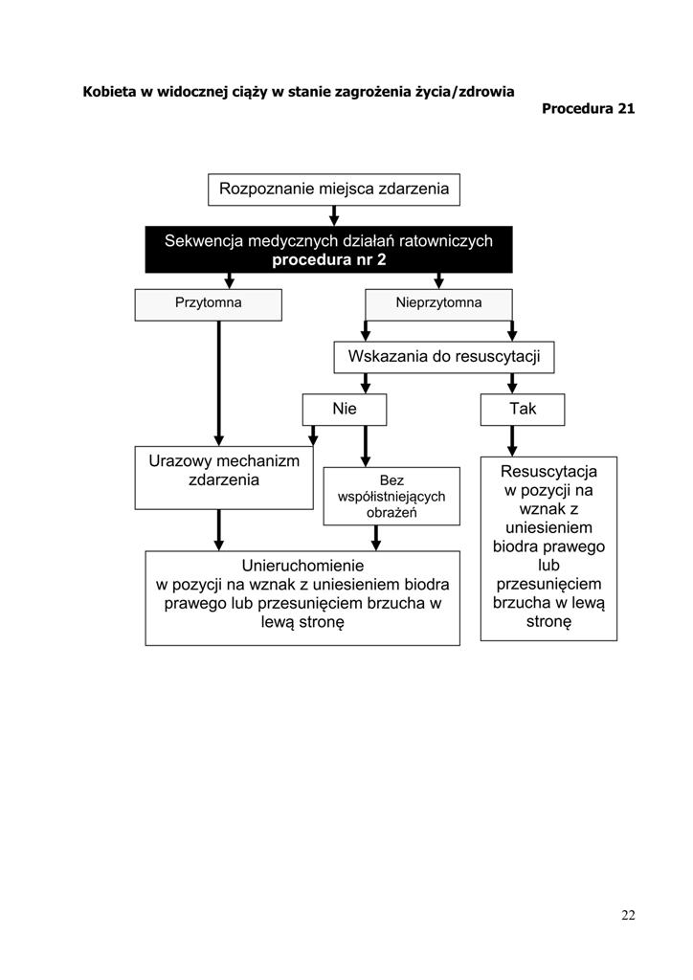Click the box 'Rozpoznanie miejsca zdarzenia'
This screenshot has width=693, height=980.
[334, 189]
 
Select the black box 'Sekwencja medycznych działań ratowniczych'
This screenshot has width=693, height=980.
[328, 250]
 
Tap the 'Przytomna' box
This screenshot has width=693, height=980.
[208, 304]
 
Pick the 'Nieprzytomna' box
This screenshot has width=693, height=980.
[438, 304]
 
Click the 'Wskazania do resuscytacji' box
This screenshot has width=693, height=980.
[444, 357]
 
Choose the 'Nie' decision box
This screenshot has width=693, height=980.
[345, 410]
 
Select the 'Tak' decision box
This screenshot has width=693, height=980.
[523, 410]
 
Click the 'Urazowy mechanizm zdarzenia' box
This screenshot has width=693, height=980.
[224, 478]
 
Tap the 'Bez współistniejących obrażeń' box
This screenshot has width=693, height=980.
[391, 497]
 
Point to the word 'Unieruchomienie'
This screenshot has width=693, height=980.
[302, 566]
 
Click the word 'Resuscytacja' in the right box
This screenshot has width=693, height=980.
[548, 471]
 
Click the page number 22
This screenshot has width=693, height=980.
[628, 915]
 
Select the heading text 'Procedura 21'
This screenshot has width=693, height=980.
[588, 109]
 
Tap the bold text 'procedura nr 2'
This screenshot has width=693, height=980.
[328, 259]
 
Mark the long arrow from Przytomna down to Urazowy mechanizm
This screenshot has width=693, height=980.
[218, 383]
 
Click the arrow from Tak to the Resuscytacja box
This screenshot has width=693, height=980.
[512, 441]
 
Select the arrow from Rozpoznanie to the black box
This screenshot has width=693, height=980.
[334, 215]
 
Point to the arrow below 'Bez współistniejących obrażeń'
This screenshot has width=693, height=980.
[375, 538]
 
